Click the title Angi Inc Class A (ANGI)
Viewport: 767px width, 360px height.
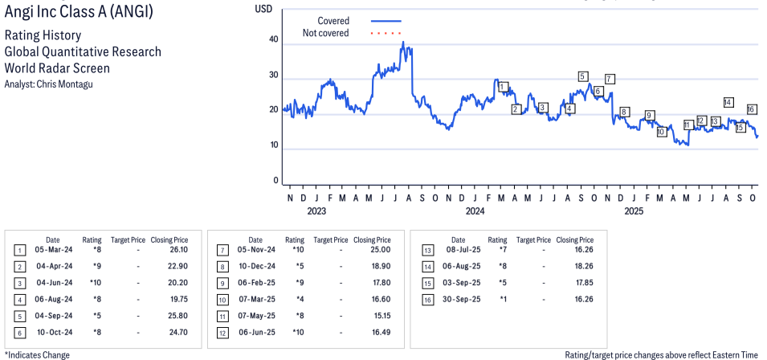pos(77,14)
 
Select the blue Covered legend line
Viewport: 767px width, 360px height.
pos(386,20)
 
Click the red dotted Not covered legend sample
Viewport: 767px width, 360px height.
pos(386,33)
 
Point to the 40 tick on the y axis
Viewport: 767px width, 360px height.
pos(274,39)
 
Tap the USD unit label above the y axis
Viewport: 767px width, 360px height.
pos(263,9)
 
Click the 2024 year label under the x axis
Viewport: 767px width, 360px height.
pos(475,211)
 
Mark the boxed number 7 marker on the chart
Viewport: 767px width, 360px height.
pos(610,79)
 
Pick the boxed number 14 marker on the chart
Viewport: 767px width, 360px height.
pos(728,102)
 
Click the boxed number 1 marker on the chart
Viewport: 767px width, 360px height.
pos(503,87)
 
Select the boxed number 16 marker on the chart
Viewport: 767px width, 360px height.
pos(752,109)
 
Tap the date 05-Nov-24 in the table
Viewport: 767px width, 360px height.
pos(257,251)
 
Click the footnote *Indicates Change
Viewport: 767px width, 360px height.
pos(37,354)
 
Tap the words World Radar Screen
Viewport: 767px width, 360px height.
pos(57,68)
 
